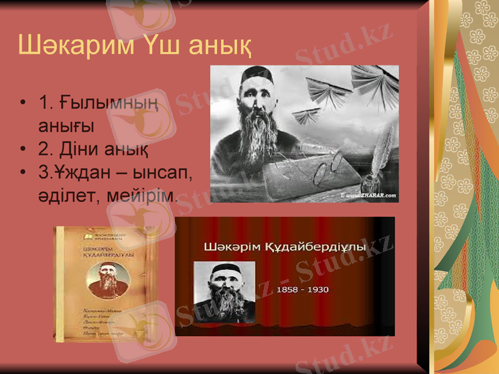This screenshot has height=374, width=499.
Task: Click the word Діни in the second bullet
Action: point(79,150)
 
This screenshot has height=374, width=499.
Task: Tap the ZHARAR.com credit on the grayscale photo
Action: point(371,196)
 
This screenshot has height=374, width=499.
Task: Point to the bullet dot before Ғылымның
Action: point(23,102)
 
